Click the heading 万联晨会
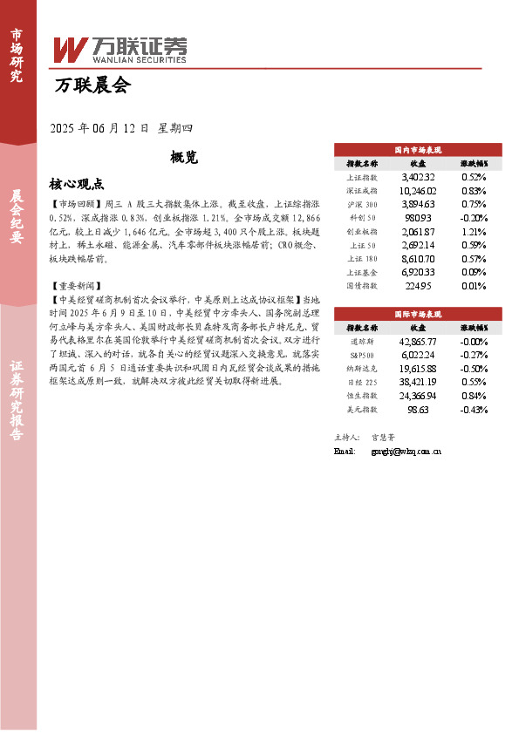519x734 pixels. pyautogui.click(x=92, y=86)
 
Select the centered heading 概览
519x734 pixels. pyautogui.click(x=184, y=157)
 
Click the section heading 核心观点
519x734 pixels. pyautogui.click(x=77, y=184)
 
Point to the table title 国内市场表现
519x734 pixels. pyautogui.click(x=418, y=150)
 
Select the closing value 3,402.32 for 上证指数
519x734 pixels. pyautogui.click(x=418, y=176)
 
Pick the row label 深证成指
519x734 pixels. pyautogui.click(x=362, y=190)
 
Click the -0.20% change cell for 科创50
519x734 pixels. pyautogui.click(x=473, y=217)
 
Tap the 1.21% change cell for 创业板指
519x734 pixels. pyautogui.click(x=473, y=231)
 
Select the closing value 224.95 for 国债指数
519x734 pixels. pyautogui.click(x=418, y=285)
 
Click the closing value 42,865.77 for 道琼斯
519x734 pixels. pyautogui.click(x=418, y=341)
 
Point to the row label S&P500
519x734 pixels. pyautogui.click(x=362, y=355)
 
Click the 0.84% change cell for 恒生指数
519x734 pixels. pyautogui.click(x=473, y=395)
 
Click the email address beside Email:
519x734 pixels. pyautogui.click(x=406, y=452)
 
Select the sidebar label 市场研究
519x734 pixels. pyautogui.click(x=17, y=55)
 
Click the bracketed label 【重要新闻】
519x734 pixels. pyautogui.click(x=77, y=285)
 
